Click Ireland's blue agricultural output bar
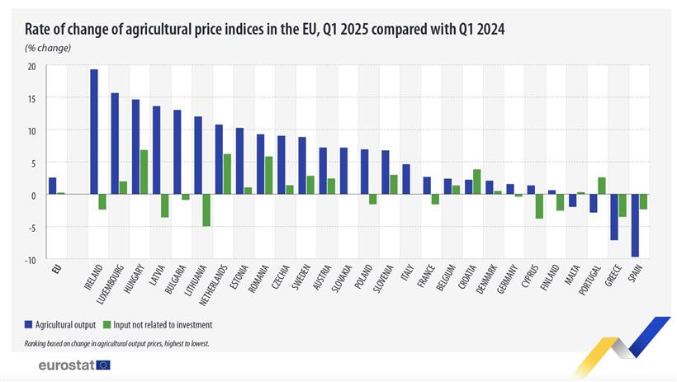click(x=94, y=132)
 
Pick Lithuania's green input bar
click(x=206, y=210)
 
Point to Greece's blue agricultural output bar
click(x=613, y=217)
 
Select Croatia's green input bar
click(x=476, y=182)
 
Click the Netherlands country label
click(x=219, y=288)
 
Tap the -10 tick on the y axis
click(x=31, y=260)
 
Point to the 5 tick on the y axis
click(x=34, y=163)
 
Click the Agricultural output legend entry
click(x=65, y=324)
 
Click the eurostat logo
click(x=73, y=364)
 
